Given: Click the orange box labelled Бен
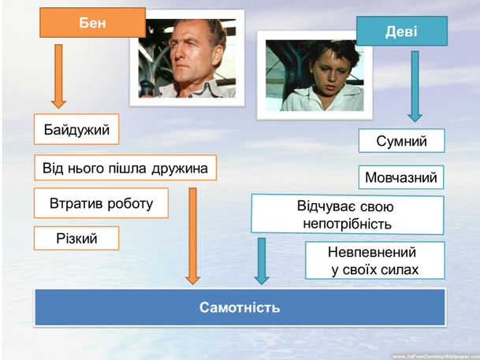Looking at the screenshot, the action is click(x=92, y=23).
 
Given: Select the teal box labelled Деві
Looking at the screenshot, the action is click(x=402, y=32).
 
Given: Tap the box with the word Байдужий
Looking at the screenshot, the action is click(x=76, y=129).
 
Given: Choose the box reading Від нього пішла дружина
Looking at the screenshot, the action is click(x=125, y=168).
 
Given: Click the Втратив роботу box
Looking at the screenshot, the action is click(x=101, y=203).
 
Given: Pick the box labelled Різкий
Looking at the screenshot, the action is click(x=76, y=238).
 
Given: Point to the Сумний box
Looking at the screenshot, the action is click(x=402, y=141).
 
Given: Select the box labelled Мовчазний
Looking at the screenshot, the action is click(x=401, y=177).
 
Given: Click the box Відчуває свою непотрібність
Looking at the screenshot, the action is click(x=348, y=215).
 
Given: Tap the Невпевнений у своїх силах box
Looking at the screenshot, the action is click(x=375, y=261).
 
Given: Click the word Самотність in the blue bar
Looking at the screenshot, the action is click(x=240, y=307).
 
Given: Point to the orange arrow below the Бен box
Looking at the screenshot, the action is click(x=58, y=76).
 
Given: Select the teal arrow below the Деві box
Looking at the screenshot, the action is click(x=415, y=87).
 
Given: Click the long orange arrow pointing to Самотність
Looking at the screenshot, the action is click(x=192, y=236).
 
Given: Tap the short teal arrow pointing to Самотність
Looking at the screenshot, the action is click(x=262, y=262).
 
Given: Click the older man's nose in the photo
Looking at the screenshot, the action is click(x=179, y=56).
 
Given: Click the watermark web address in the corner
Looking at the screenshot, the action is click(x=436, y=357).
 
